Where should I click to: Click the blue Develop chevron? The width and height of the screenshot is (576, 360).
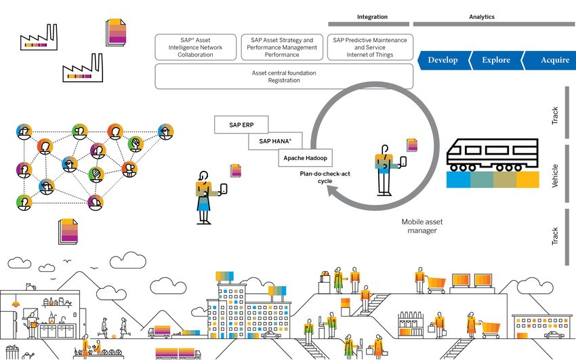443,60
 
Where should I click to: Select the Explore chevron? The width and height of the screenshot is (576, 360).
495,60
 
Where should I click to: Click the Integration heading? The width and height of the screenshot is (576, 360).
372,17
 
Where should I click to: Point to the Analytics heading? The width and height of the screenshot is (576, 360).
482,17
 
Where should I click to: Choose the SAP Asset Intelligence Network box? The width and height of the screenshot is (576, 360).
195,47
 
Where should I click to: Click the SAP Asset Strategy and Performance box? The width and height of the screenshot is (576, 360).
281,47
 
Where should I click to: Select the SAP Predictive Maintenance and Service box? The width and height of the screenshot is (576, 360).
370,47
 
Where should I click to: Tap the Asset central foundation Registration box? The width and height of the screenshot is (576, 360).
283,77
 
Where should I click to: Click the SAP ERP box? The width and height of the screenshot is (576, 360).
241,125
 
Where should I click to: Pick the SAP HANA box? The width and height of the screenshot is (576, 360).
273,141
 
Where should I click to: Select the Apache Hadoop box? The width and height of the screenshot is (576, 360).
305,158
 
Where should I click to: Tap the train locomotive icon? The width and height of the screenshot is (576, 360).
493,155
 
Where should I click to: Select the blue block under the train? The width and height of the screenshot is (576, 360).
458,179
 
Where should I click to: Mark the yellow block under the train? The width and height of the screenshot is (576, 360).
527,179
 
